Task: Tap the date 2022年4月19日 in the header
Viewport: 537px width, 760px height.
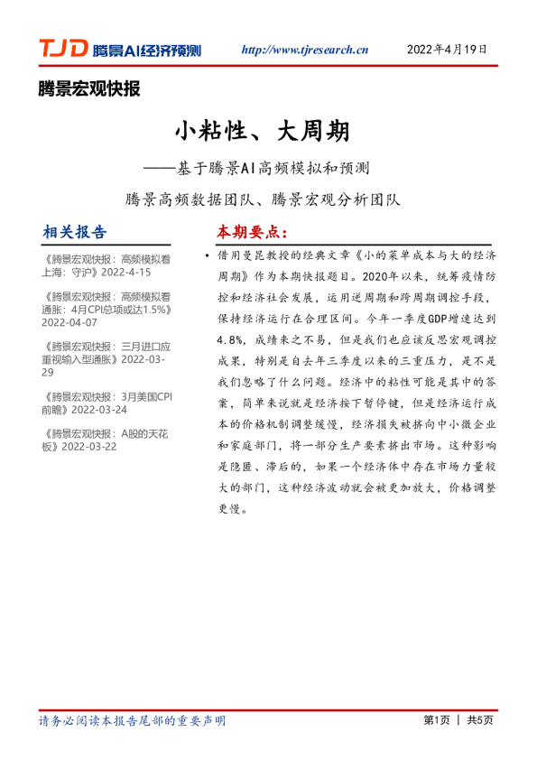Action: (x=453, y=49)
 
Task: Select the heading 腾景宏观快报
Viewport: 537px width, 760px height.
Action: (x=89, y=88)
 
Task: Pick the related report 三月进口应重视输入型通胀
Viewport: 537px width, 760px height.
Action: (x=106, y=352)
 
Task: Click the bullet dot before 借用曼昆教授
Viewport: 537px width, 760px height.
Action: (x=208, y=256)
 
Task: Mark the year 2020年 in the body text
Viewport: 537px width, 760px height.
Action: (x=385, y=276)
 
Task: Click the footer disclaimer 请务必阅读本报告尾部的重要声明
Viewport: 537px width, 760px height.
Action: (x=133, y=719)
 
